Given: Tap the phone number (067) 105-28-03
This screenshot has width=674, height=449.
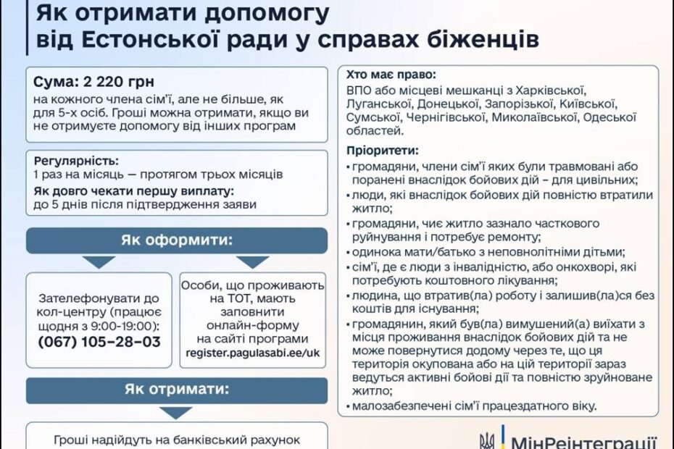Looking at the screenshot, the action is (x=99, y=342).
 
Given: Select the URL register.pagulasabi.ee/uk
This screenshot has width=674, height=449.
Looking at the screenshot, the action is (x=253, y=353).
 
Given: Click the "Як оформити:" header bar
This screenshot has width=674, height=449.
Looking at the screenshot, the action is (x=177, y=240).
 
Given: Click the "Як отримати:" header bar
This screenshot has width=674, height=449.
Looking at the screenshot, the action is (x=177, y=390).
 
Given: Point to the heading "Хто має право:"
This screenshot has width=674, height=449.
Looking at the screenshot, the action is (x=391, y=75).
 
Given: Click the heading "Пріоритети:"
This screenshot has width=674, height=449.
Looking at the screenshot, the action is (x=383, y=151).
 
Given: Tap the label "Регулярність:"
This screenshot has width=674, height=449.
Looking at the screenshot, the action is (x=76, y=161).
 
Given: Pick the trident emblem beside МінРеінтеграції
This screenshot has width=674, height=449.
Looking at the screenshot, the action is (x=486, y=441).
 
